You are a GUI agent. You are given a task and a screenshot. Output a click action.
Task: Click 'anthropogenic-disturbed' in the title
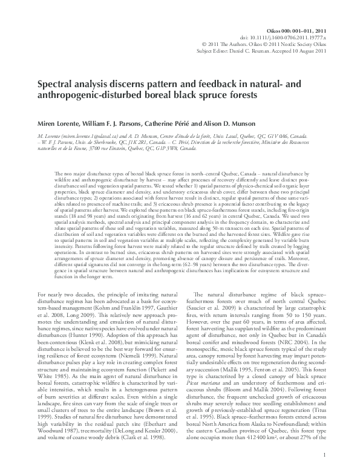[80, 96]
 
